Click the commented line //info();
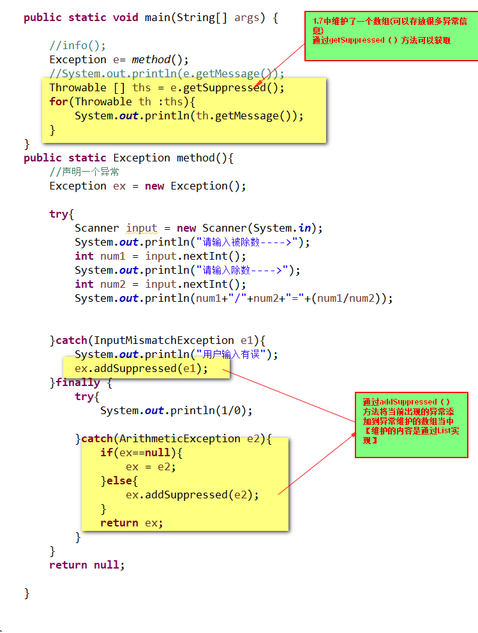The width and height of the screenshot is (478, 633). (77, 45)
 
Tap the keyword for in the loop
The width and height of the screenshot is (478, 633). (58, 101)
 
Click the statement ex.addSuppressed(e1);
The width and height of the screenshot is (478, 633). (141, 368)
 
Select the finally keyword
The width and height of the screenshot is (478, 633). (78, 382)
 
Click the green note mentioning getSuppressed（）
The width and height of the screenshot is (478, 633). (391, 36)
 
